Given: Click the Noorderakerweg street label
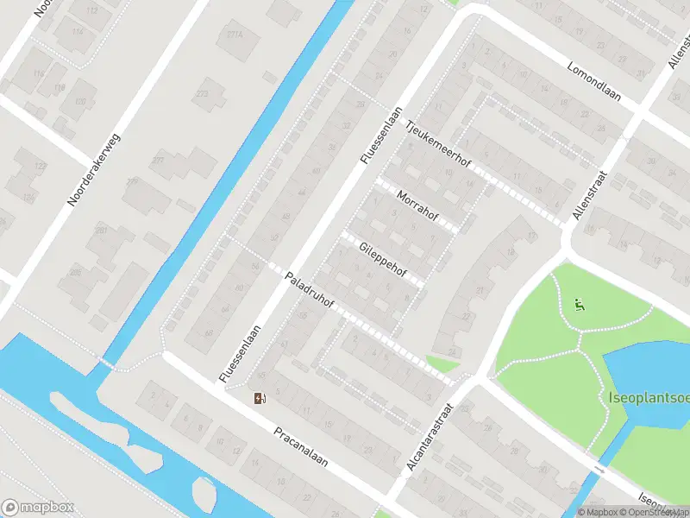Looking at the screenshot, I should (x=95, y=171).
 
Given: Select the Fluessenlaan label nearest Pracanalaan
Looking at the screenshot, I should (x=240, y=355).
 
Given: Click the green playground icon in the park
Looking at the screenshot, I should (x=580, y=304).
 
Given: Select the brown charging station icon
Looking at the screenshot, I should (x=259, y=398).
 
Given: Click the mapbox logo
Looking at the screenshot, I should (x=38, y=508).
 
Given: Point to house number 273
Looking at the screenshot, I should (x=203, y=92).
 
